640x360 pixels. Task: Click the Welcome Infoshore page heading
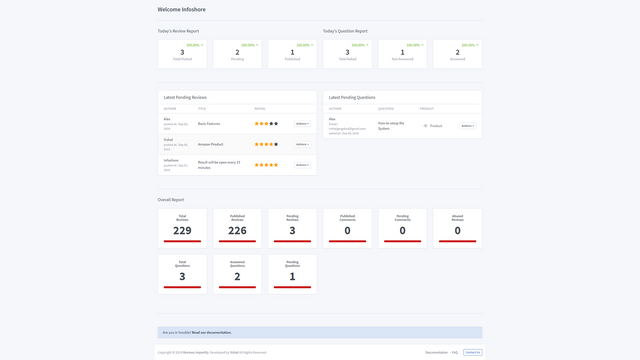(180, 9)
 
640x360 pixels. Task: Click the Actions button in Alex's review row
(302, 124)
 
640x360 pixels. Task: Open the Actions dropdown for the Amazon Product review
(302, 144)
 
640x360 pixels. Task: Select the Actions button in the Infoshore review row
(302, 165)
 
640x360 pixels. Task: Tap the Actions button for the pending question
(467, 126)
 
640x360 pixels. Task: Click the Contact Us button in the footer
(472, 352)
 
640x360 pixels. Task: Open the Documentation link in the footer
(436, 352)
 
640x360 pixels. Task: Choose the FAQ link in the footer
(454, 352)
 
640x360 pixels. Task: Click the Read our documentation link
(211, 332)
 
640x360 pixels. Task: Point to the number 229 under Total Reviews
(182, 231)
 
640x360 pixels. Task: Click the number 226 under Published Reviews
(237, 231)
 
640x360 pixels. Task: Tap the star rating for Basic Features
(266, 124)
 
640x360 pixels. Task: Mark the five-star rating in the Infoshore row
(266, 165)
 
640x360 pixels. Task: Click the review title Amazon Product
(210, 144)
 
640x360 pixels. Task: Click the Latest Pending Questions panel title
(352, 97)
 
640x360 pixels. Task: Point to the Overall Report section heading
(171, 199)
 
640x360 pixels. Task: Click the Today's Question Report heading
(345, 31)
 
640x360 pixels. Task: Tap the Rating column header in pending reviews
(260, 108)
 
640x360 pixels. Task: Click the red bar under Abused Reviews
(457, 241)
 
